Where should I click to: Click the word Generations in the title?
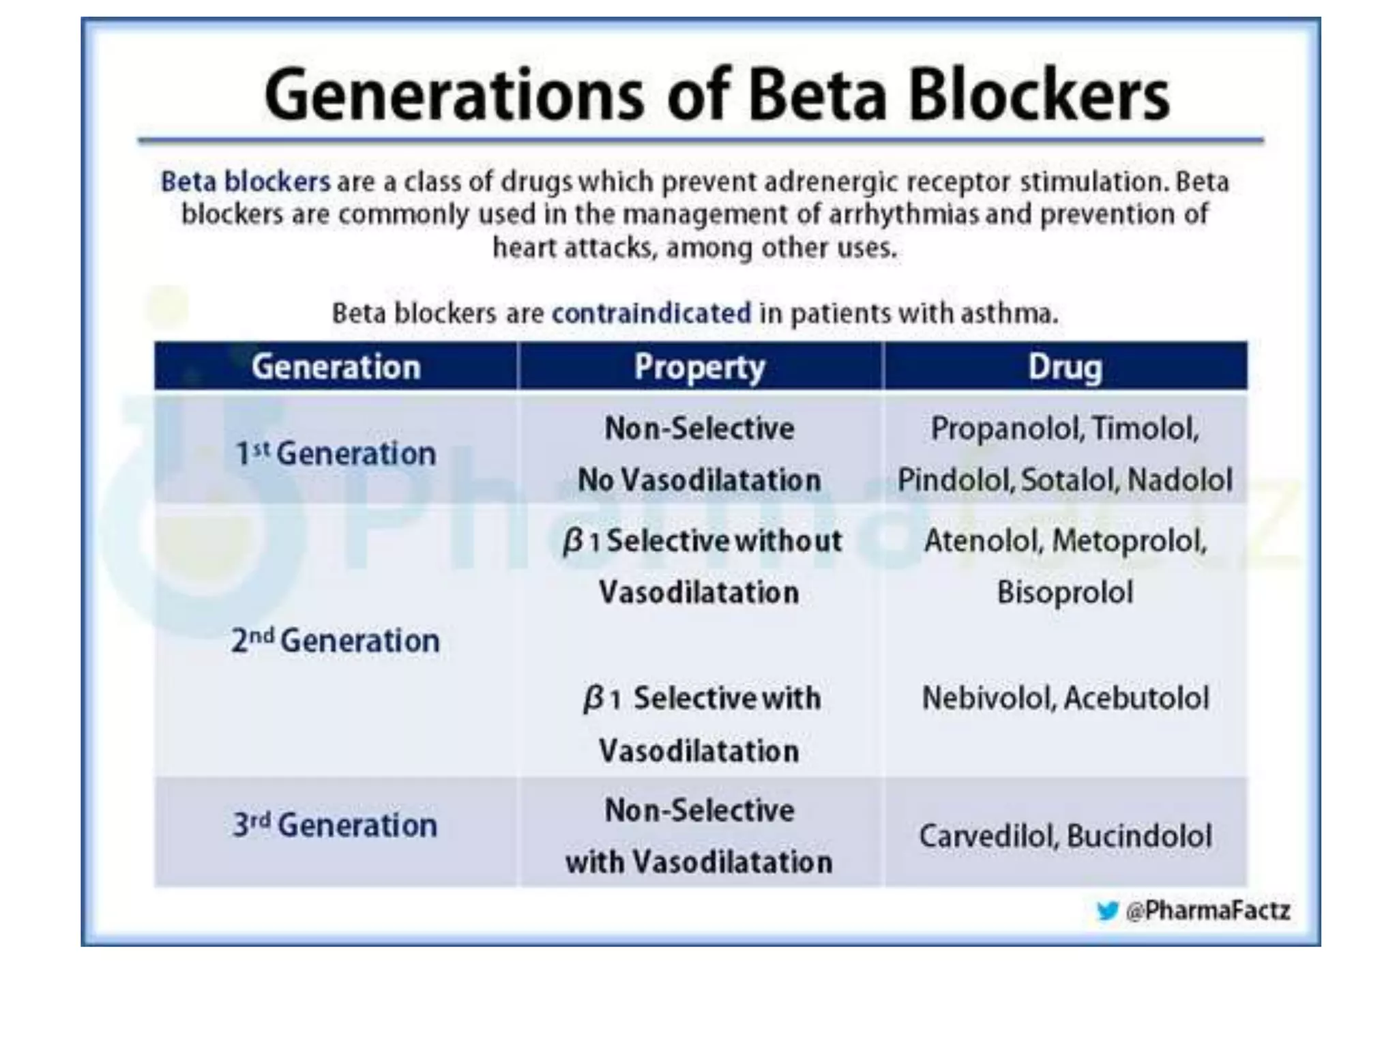[453, 96]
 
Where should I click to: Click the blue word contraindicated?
[651, 314]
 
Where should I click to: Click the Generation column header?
[336, 367]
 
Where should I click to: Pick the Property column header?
[699, 367]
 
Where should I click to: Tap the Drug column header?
[1064, 367]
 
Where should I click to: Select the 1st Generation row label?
[335, 454]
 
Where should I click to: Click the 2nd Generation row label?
[335, 641]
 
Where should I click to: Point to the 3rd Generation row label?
[335, 825]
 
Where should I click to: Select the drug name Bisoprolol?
[1065, 592]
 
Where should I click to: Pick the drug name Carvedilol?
[987, 836]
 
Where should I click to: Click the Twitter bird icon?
[1107, 911]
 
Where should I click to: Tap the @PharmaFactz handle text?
[1207, 911]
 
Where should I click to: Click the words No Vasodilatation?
[699, 480]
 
